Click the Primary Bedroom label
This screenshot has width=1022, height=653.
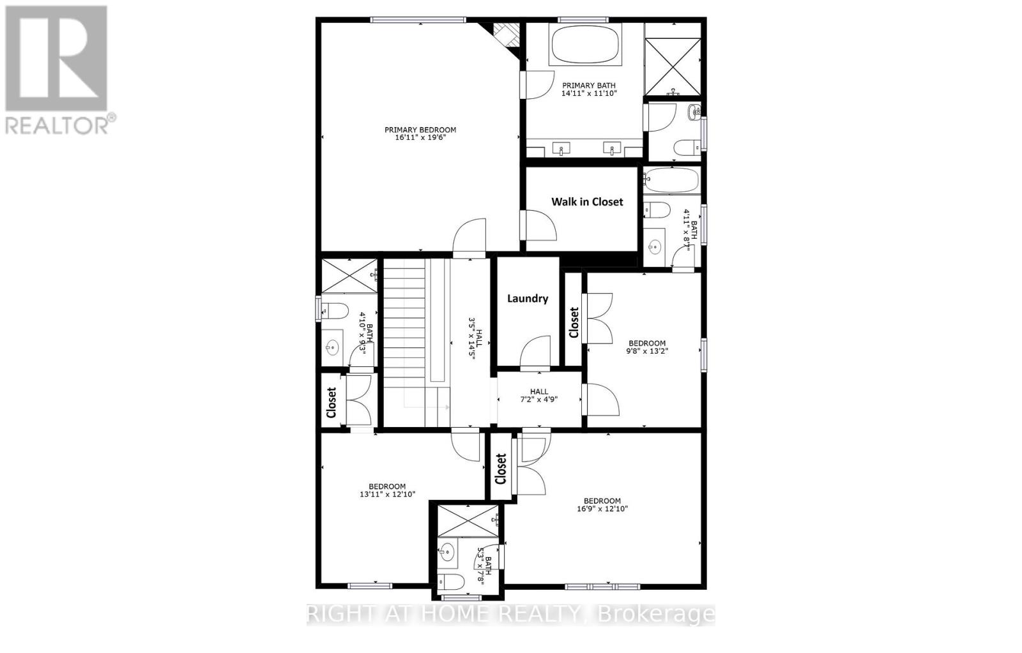[420, 130]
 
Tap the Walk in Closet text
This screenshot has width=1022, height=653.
[587, 202]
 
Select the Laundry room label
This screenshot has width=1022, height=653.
[528, 298]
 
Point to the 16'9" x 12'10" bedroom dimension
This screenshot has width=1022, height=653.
[602, 509]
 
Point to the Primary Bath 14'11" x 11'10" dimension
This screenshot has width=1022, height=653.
[589, 93]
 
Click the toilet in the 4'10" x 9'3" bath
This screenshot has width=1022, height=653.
[333, 311]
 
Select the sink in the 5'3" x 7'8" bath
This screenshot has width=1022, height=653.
[447, 551]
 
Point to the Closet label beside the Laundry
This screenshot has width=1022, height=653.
[574, 322]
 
